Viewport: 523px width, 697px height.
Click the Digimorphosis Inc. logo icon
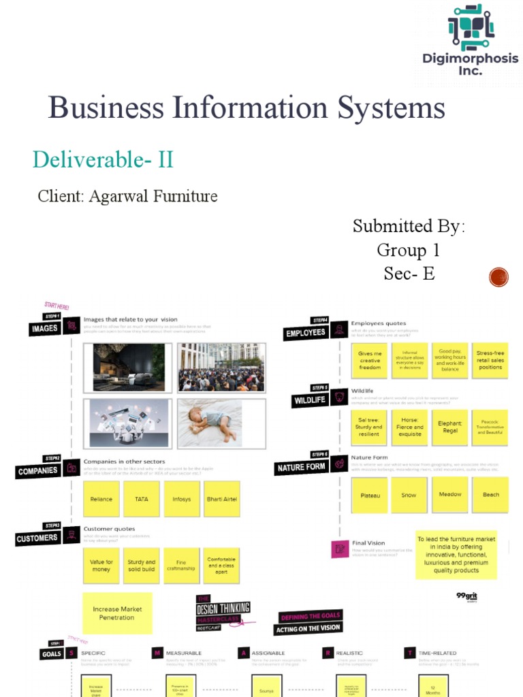tap(471, 27)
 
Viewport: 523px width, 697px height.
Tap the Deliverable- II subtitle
tap(103, 160)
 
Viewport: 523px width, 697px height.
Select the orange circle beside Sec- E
tap(499, 277)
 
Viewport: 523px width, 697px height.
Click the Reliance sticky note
tap(101, 499)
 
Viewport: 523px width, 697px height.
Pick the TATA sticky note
tap(142, 499)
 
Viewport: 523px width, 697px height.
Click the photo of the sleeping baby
tap(221, 422)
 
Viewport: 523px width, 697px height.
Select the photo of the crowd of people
tap(221, 368)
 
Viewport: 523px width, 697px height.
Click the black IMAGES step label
tap(44, 329)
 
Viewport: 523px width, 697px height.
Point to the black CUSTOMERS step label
tap(37, 538)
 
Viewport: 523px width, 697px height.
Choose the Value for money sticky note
tap(101, 566)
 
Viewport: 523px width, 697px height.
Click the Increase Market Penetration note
tap(116, 613)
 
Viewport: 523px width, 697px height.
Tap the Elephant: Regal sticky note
tap(449, 427)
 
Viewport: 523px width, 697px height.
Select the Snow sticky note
tap(409, 495)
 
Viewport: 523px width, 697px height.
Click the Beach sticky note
tap(490, 495)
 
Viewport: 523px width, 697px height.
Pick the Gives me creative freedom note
tap(370, 361)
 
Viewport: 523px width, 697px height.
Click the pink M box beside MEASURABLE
tap(157, 653)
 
